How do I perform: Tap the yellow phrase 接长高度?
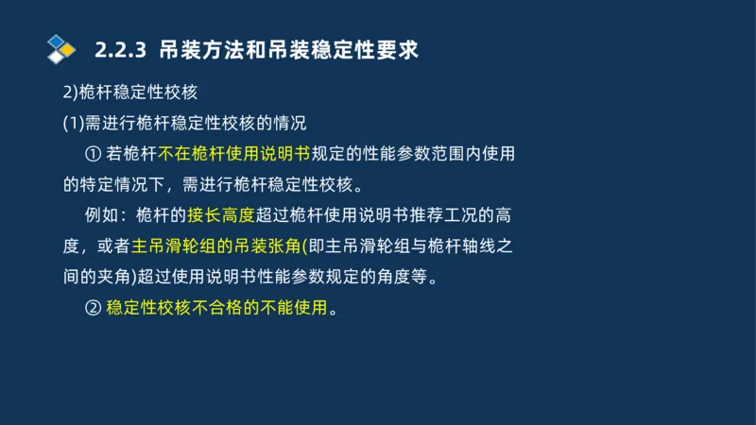220,215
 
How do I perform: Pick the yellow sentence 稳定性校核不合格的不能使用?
216,308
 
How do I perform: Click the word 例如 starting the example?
104,215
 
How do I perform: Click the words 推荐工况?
434,215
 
